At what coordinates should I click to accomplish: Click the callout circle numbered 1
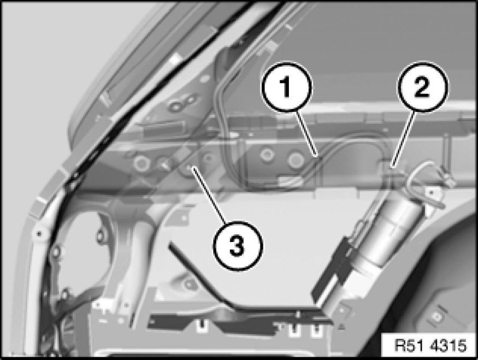[x=286, y=87]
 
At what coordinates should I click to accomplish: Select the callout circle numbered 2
[x=422, y=87]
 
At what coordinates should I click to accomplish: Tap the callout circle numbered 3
[x=238, y=245]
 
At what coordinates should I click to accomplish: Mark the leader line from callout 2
[x=404, y=138]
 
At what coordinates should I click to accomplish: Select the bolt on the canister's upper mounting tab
[x=431, y=192]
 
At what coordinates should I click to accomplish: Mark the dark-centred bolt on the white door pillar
[x=39, y=234]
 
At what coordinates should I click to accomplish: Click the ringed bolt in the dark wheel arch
[x=438, y=317]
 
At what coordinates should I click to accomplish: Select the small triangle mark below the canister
[x=342, y=327]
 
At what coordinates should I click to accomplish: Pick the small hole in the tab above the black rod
[x=185, y=219]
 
